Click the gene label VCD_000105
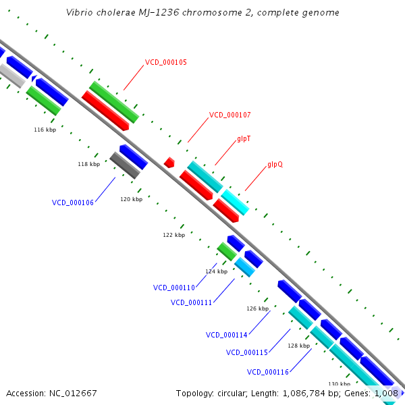[166, 62]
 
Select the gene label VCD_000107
[230, 115]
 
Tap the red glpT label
[245, 138]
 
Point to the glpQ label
[275, 164]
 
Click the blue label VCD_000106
[73, 202]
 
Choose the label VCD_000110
[174, 288]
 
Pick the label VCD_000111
[192, 302]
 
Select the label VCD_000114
[227, 335]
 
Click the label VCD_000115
[247, 352]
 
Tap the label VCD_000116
[268, 372]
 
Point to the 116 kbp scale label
[45, 130]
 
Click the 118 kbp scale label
[88, 164]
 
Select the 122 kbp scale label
[173, 236]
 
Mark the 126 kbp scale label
[257, 308]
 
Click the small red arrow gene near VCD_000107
[169, 163]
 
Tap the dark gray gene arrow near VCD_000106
[125, 165]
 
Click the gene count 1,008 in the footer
[385, 393]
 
